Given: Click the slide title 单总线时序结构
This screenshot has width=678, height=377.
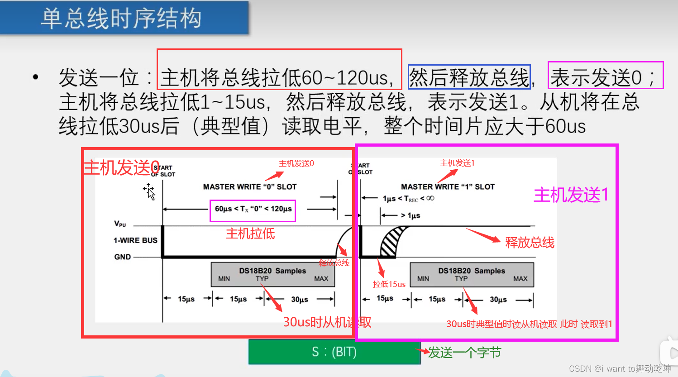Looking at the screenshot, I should (121, 19).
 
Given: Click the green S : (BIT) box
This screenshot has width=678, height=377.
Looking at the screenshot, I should (334, 352).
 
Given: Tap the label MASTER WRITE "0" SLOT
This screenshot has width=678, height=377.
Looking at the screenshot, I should (249, 186).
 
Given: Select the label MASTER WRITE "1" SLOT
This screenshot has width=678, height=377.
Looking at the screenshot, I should (448, 186).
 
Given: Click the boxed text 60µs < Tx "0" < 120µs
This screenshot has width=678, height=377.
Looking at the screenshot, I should (253, 209).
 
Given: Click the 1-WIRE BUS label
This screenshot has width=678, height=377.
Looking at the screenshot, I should (135, 240).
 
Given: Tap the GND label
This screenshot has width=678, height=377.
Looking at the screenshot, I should (122, 257).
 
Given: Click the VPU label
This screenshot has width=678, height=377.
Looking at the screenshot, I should (120, 224).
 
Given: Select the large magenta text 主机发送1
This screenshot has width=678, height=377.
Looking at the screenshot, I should (571, 195).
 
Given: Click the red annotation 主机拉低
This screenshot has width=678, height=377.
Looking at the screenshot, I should (250, 234).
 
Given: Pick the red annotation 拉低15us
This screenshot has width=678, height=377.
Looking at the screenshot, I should (389, 284).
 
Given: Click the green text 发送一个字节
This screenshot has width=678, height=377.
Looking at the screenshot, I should (464, 353).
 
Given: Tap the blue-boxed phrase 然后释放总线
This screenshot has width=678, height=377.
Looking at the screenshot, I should (469, 77).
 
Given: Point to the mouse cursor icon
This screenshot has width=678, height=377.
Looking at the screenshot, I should (149, 191).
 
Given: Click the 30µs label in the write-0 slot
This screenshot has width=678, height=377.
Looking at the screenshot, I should (300, 299).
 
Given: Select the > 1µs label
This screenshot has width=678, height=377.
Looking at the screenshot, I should (411, 215).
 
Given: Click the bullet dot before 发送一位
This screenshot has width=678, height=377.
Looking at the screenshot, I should (36, 77).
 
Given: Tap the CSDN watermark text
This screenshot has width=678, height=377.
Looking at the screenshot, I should (620, 368).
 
